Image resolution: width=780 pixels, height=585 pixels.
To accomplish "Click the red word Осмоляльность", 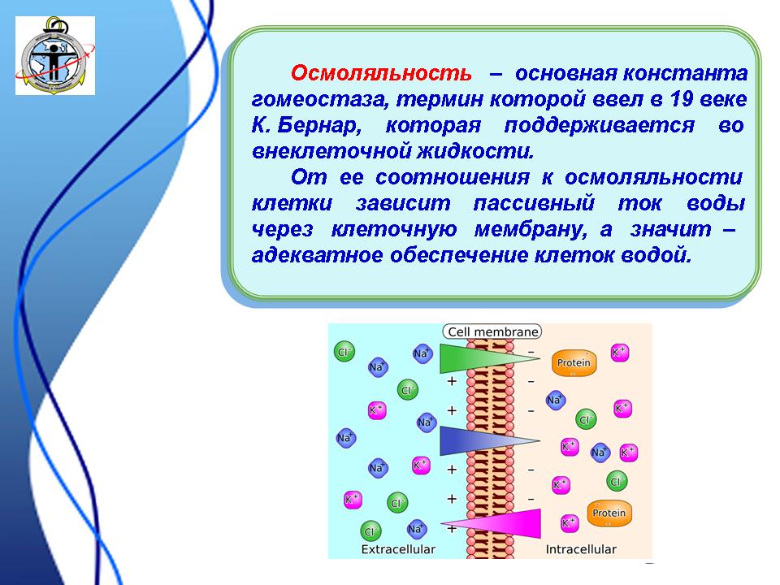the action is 381,73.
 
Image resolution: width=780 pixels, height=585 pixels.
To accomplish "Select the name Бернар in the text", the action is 318,125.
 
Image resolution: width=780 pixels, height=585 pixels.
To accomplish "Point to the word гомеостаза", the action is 319,100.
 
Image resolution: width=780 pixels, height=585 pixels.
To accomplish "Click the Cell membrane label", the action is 492,331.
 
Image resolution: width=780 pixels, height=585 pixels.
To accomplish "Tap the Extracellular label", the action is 398,549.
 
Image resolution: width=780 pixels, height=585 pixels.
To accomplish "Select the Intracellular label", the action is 580,549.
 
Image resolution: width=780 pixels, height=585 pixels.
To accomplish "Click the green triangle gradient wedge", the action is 478,358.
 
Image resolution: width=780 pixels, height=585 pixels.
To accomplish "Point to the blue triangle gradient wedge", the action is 478,440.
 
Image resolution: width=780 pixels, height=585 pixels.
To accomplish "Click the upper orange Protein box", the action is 574,362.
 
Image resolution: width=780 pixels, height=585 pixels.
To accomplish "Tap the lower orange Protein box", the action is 609,513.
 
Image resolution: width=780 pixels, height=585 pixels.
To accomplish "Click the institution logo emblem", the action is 55,55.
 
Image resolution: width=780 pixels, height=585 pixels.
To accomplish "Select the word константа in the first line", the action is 684,74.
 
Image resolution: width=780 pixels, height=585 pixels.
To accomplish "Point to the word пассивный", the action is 534,203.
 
